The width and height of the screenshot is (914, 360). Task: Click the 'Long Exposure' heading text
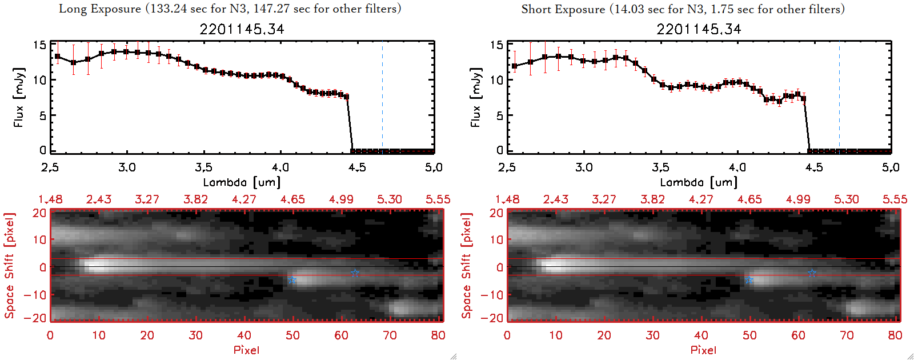100,9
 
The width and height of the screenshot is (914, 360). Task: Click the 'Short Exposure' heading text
563,9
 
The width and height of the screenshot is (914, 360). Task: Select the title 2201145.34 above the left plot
242,29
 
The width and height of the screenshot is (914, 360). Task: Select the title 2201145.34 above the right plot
699,29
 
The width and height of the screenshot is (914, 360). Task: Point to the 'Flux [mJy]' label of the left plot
19,97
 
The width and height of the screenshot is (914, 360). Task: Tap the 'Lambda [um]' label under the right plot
699,182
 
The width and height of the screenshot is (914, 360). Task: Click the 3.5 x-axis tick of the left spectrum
203,167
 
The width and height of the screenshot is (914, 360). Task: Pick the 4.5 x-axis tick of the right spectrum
814,167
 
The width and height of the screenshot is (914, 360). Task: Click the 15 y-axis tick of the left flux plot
39,45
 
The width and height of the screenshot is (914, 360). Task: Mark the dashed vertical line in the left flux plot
382,97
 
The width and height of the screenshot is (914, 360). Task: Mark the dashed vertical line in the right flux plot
839,97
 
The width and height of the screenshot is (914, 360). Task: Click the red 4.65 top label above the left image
292,199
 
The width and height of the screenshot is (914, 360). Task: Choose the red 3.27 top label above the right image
604,199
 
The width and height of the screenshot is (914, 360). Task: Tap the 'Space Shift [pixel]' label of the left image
9,266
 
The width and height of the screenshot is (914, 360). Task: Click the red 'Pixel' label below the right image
703,350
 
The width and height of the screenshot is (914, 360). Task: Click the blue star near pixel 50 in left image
292,279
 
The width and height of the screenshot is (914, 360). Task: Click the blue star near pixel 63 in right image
812,273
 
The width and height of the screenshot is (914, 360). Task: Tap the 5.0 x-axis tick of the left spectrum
434,167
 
